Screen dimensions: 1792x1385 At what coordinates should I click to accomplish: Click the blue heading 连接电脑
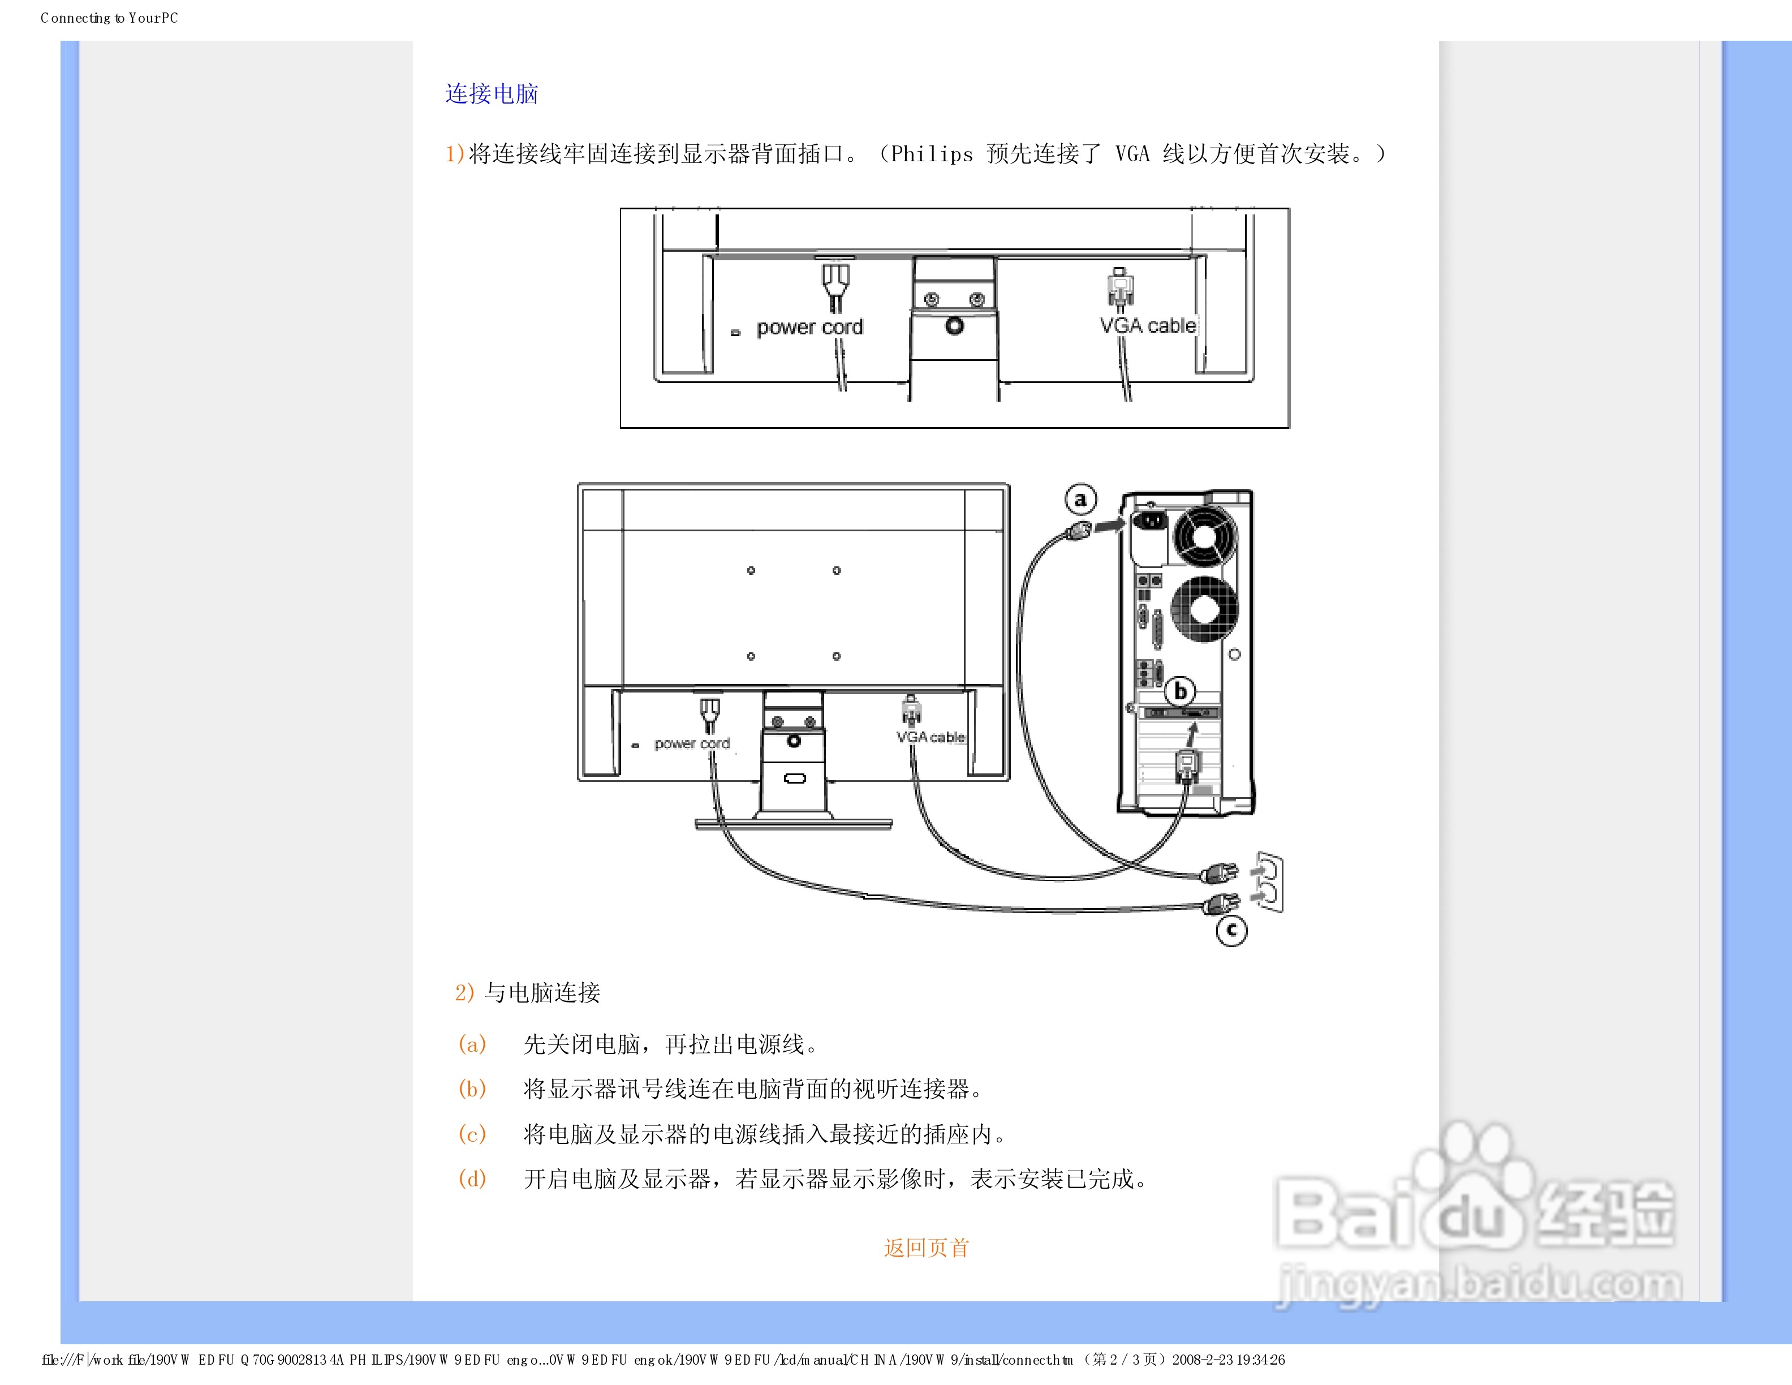[492, 93]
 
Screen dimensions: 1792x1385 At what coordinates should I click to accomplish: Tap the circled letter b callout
[1180, 691]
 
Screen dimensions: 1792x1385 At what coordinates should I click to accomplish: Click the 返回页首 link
[927, 1248]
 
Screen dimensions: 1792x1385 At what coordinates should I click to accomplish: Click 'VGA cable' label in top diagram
[1147, 326]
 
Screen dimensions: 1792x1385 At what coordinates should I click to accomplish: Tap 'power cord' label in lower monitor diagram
[692, 743]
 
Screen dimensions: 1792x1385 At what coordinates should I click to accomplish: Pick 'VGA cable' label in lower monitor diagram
[931, 737]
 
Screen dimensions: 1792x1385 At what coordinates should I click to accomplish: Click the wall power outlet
[1268, 882]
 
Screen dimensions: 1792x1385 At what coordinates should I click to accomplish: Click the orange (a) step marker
[472, 1044]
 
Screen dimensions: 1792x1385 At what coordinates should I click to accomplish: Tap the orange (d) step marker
[472, 1178]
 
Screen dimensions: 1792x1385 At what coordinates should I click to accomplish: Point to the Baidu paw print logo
[1477, 1181]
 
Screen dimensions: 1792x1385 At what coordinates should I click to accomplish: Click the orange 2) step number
[464, 993]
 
